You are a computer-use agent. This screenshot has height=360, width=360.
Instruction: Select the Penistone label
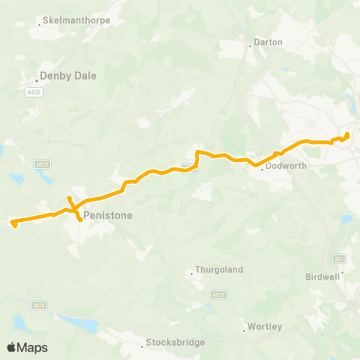point(108,215)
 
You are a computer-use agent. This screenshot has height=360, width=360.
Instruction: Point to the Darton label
point(268,42)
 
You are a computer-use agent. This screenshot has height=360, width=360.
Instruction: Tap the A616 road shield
point(40,304)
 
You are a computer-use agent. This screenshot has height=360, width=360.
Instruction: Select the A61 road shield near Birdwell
point(340,258)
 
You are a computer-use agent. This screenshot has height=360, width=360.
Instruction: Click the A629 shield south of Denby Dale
point(42,163)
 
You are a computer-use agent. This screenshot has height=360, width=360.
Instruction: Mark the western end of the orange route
point(14,223)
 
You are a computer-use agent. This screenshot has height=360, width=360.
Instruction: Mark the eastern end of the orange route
point(347,134)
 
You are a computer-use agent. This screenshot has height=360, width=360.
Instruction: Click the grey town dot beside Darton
point(250,45)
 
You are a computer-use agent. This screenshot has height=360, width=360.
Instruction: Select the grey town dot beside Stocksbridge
point(142,346)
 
